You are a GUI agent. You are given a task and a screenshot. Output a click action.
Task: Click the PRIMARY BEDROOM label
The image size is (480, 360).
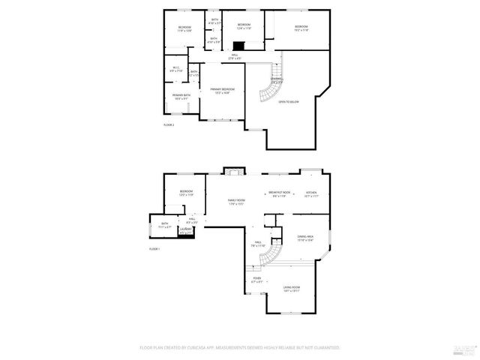tap(222, 91)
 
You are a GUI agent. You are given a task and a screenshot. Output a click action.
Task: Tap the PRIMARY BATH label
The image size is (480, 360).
tap(181, 96)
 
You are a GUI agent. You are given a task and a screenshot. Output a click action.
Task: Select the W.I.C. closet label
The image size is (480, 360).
tap(175, 69)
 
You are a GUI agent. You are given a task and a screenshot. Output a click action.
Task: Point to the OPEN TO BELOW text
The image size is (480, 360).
tap(289, 101)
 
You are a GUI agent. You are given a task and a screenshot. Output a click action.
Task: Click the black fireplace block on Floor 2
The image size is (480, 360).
tap(238, 44)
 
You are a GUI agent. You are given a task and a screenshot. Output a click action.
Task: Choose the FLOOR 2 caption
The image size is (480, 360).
tap(169, 124)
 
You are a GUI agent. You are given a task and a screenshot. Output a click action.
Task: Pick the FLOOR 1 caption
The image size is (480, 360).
tap(154, 248)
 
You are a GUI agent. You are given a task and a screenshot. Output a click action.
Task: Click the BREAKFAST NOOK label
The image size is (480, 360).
tap(280, 193)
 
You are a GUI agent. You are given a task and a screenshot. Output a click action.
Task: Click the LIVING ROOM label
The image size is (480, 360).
tap(291, 289)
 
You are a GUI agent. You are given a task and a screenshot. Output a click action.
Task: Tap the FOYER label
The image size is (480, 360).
tap(257, 280)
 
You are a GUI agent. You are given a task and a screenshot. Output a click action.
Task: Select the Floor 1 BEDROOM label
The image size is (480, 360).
tap(185, 193)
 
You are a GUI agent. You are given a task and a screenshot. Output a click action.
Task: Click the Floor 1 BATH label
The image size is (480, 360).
tap(165, 224)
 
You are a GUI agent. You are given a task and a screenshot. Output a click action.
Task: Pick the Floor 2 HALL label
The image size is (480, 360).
tap(234, 56)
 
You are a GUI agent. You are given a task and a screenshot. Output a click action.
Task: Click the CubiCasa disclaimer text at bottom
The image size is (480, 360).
tap(240, 347)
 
